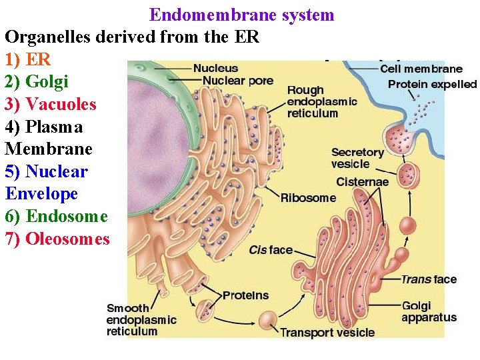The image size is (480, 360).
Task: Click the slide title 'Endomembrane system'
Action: [x=241, y=15]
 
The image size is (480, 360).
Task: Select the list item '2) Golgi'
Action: [x=37, y=81]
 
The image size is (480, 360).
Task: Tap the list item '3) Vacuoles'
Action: [x=51, y=104]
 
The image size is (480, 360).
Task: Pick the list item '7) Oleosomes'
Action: [x=57, y=239]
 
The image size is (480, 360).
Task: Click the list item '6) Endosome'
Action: [x=56, y=216]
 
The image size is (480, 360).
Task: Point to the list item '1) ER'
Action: [x=27, y=59]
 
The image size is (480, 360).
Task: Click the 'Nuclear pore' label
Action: [x=237, y=81]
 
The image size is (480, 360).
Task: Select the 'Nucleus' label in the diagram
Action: [x=215, y=68]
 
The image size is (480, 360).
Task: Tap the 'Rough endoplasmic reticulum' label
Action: [x=321, y=101]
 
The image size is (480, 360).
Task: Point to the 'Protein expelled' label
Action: [x=432, y=84]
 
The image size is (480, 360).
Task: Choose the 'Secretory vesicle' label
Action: [x=357, y=158]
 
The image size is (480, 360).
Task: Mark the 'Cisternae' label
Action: [x=362, y=181]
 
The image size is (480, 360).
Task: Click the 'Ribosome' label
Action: [x=308, y=198]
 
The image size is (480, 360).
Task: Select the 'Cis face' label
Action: [x=271, y=250]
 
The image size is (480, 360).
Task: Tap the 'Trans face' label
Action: [x=429, y=279]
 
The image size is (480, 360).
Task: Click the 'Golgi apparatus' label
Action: [x=429, y=312]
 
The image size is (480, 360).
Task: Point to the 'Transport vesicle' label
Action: [x=327, y=332]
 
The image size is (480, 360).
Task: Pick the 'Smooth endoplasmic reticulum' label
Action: [x=141, y=319]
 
